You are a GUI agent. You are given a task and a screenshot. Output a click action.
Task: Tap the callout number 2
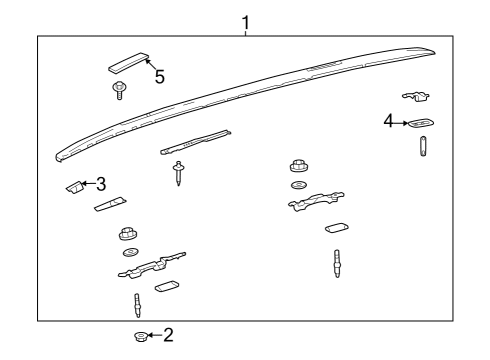point(169,334)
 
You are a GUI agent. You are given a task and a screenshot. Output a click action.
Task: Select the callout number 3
point(101,184)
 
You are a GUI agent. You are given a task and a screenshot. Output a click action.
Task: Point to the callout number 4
point(389,121)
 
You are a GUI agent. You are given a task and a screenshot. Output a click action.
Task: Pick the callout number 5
point(159,77)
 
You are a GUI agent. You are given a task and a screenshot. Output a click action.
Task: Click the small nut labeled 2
point(141,335)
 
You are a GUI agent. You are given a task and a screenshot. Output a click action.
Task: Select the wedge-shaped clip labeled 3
point(73,187)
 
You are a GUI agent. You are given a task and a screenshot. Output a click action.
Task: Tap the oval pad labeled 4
point(420,124)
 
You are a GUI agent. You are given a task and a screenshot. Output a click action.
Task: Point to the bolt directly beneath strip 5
point(119,90)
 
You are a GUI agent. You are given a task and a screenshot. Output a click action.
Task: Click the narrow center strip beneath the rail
point(195,141)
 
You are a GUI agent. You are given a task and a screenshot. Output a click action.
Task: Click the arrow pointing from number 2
point(154,335)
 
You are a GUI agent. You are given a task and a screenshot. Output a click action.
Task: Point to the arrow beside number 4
point(402,123)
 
